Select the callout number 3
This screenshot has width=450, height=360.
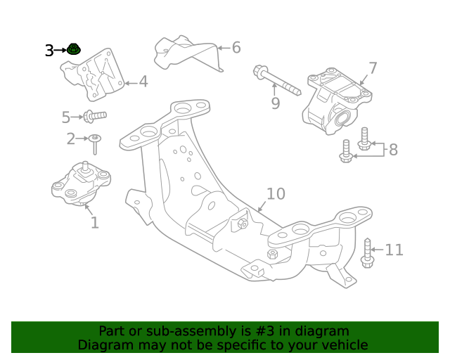coord(49,51)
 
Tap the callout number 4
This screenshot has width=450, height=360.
coord(143,82)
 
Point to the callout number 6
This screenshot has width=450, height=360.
coord(236,48)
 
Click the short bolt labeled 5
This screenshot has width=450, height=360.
coord(94,115)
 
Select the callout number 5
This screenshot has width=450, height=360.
coord(66,117)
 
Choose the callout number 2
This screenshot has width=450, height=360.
coord(70,139)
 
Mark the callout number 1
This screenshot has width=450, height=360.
coord(94,224)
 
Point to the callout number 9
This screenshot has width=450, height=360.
coord(275,104)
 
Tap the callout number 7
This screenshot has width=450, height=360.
coord(373,69)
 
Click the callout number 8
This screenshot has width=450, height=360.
coord(392,150)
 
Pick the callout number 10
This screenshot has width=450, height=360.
coord(276,193)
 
